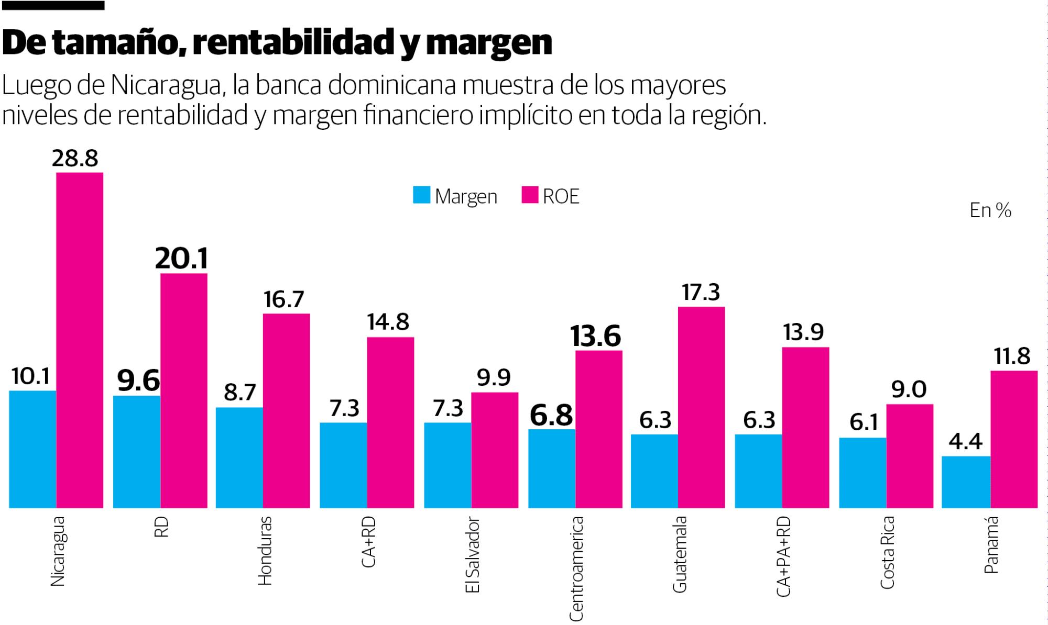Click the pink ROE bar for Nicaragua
pos(80,340)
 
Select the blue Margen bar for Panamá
pos(966,482)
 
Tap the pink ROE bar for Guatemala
pos(701,407)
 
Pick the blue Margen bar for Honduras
pos(239,457)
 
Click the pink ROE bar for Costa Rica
pos(910,456)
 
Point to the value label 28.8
pos(75,158)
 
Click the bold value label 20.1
pos(181,258)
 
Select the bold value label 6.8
pos(551,415)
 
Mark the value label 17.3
pos(701,293)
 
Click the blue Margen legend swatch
pos(422,195)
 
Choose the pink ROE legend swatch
pos(530,195)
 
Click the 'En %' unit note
pos(990,210)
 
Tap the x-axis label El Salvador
pos(472,555)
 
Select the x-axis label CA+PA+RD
pos(783,556)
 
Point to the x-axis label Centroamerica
pos(576,568)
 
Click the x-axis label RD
pos(161,526)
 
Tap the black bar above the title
pos(52,5)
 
